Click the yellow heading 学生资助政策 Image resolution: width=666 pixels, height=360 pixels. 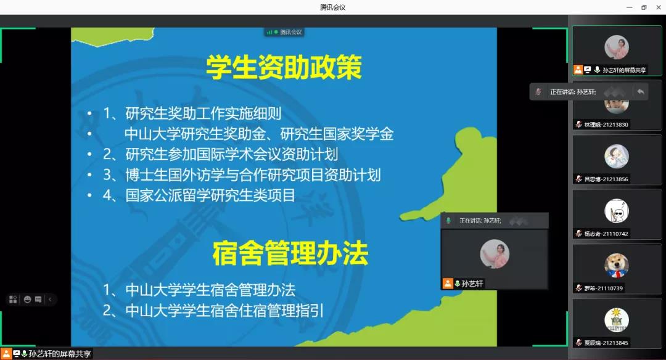pyautogui.click(x=284, y=67)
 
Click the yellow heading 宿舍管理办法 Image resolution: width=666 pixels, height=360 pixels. pyautogui.click(x=290, y=253)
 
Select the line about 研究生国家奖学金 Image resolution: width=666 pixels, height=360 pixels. pyautogui.click(x=259, y=134)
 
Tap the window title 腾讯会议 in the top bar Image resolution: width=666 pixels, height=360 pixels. pyautogui.click(x=332, y=7)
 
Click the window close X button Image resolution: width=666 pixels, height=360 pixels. pyautogui.click(x=659, y=7)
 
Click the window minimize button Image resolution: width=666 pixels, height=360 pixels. pyautogui.click(x=630, y=7)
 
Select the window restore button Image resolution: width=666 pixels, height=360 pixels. pyautogui.click(x=644, y=7)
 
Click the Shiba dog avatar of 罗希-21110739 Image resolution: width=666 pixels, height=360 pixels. pyautogui.click(x=617, y=265)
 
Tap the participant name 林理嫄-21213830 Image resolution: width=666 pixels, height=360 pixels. pyautogui.click(x=606, y=125)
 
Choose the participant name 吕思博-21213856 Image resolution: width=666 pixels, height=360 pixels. pyautogui.click(x=606, y=179)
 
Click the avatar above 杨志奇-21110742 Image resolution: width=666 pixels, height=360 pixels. pyautogui.click(x=617, y=211)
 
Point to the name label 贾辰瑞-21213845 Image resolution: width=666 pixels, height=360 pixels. pyautogui.click(x=606, y=343)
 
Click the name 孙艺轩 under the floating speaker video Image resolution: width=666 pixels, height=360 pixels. pyautogui.click(x=472, y=284)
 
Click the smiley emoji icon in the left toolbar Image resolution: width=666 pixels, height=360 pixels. pyautogui.click(x=28, y=300)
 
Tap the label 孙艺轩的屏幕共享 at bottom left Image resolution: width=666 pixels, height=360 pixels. pyautogui.click(x=60, y=354)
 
